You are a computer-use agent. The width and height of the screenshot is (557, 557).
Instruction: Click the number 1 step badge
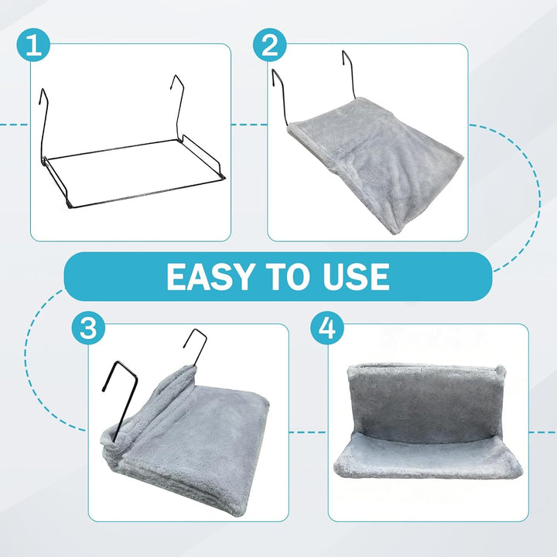click(33, 46)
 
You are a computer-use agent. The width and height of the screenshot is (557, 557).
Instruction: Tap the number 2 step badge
click(270, 46)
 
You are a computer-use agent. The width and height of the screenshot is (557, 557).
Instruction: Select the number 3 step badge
click(88, 327)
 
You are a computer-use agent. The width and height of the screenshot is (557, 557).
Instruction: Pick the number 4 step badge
click(327, 327)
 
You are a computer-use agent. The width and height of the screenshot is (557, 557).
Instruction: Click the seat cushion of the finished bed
click(428, 458)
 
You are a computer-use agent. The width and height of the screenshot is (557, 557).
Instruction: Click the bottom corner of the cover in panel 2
click(397, 230)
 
